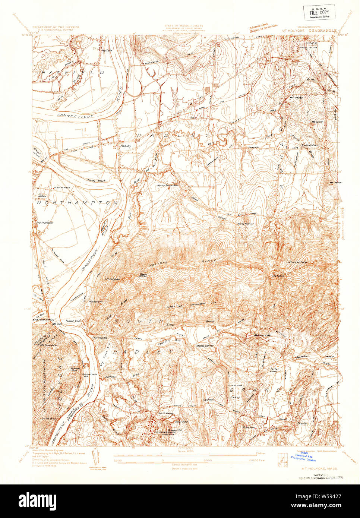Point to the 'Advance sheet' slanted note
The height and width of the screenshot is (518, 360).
[263, 27]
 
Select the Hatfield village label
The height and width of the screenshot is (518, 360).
[107, 50]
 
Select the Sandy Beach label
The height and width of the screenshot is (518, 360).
[97, 180]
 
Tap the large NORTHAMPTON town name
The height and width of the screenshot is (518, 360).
[77, 203]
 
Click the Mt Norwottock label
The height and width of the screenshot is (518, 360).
[298, 262]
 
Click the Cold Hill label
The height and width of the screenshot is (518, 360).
[208, 400]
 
